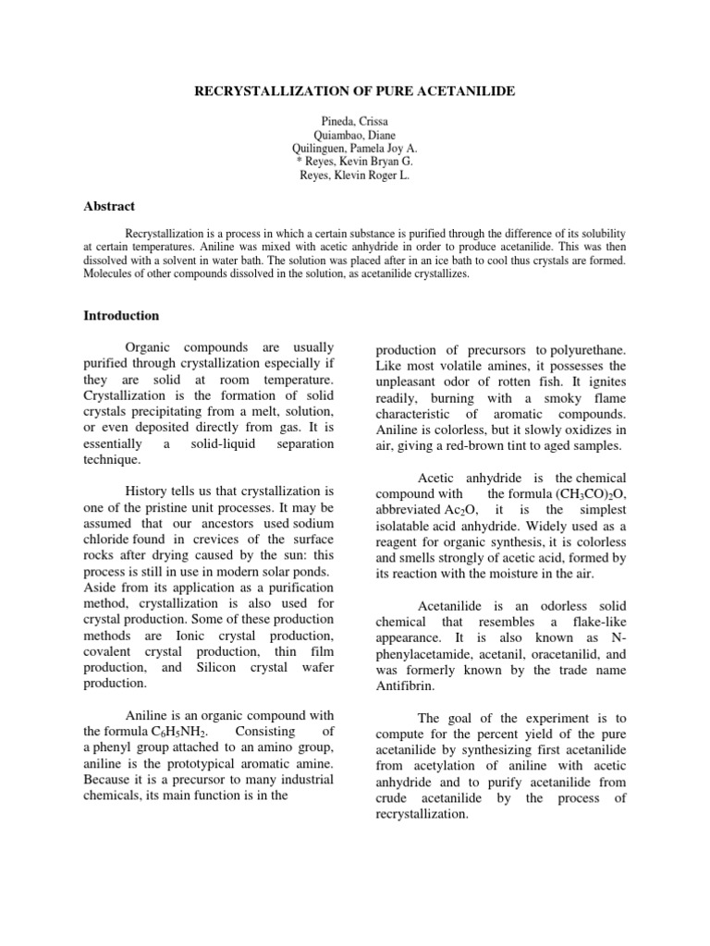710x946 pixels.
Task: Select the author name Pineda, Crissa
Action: click(355, 122)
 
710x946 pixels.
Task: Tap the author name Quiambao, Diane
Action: click(355, 135)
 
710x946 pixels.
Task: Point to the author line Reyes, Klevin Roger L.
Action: click(355, 175)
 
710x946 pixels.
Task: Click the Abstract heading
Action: click(109, 206)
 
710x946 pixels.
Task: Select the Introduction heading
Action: click(121, 316)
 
